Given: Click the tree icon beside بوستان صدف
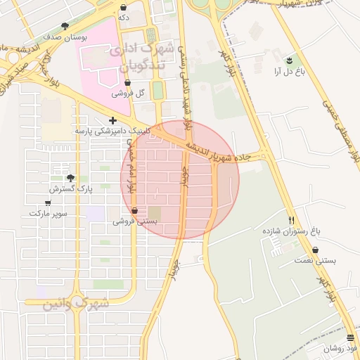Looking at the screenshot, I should tap(65, 26).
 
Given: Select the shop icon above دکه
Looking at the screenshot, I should tap(124, 7).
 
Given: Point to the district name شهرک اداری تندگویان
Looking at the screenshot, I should tap(139, 59).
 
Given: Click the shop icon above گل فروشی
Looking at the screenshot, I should tap(127, 83).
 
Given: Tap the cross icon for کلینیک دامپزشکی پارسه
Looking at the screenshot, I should tap(112, 120).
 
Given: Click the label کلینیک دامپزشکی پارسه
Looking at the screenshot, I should tap(108, 131).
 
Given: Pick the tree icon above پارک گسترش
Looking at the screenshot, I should tap(70, 179).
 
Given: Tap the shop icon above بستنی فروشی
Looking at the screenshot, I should tap(134, 210).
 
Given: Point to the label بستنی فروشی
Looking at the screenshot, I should tap(135, 221).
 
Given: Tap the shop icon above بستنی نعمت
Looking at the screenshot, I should tap(314, 250).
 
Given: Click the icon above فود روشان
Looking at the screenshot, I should tap(350, 338).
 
